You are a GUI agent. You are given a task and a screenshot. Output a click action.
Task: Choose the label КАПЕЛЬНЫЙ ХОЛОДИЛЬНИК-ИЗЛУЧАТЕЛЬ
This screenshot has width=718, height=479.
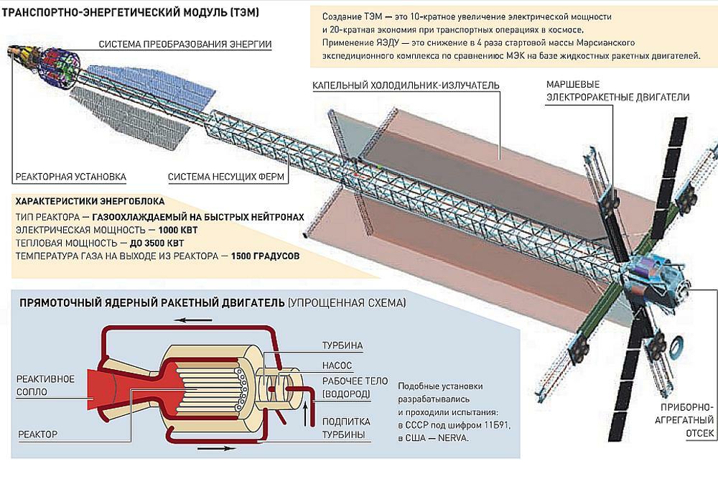coord(406,85)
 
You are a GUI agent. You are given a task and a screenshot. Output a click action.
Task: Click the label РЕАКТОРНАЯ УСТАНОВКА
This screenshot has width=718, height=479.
coord(70,176)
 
